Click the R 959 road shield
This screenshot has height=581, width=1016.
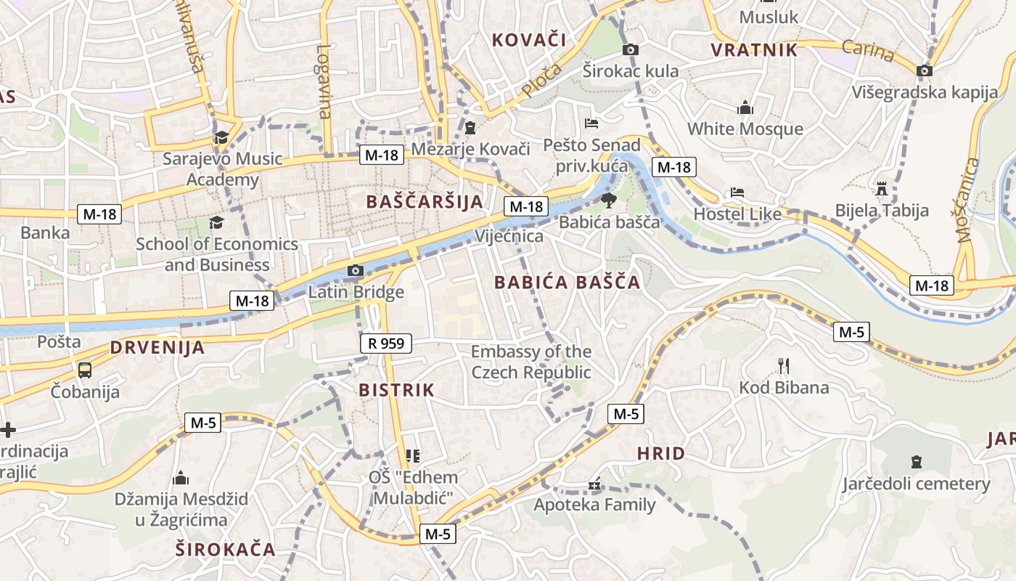click(385, 344)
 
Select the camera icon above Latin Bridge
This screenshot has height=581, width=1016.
click(355, 271)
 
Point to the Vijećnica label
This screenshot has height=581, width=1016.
click(509, 236)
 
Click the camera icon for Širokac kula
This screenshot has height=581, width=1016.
click(631, 49)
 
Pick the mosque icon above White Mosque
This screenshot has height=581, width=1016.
click(745, 108)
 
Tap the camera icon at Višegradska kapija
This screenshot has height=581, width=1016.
click(924, 70)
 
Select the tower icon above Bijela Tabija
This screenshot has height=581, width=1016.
click(882, 189)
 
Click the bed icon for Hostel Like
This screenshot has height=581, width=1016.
click(737, 192)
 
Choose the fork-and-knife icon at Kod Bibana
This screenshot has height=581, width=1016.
click(783, 365)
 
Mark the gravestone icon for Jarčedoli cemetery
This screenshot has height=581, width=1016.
click(916, 461)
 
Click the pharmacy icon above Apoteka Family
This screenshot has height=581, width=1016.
click(594, 484)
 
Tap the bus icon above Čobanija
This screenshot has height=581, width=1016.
click(85, 370)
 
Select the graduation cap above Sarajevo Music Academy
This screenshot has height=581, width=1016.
click(221, 137)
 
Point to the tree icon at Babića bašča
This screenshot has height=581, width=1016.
click(608, 200)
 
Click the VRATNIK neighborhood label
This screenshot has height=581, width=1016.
click(754, 50)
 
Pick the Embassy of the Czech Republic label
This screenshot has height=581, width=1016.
click(531, 362)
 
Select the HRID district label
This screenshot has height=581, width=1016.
click(660, 454)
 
